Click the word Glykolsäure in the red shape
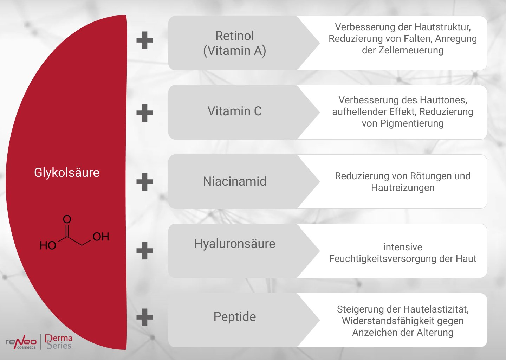(x=67, y=173)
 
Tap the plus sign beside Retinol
(x=145, y=40)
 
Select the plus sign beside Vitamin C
(x=145, y=113)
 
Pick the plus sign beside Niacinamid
(x=145, y=182)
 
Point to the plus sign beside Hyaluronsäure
(x=145, y=251)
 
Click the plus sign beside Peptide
(x=145, y=317)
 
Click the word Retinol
(x=234, y=36)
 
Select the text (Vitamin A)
(x=234, y=51)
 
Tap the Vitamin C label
(x=234, y=111)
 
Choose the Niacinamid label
(x=234, y=181)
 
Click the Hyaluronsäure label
(x=234, y=244)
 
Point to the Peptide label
(x=234, y=317)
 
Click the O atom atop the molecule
(x=67, y=219)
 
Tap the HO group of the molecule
(x=48, y=245)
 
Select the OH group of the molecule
(x=101, y=237)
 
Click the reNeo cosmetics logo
(x=21, y=342)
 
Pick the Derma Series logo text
(x=59, y=342)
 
